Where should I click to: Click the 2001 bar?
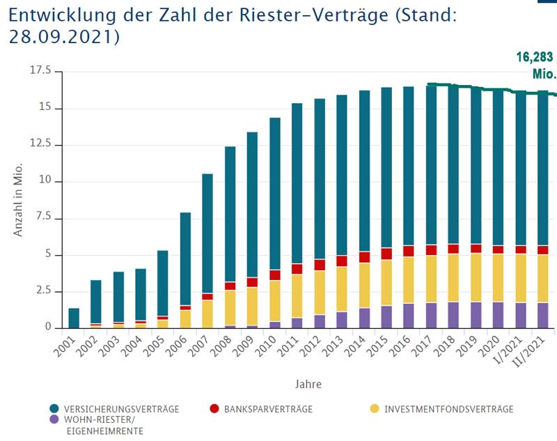(74, 318)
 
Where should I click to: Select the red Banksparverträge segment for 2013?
(342, 261)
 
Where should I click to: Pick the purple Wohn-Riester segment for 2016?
(409, 315)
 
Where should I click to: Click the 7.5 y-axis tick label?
(44, 217)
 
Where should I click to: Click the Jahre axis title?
(307, 384)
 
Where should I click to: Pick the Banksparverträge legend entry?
(267, 409)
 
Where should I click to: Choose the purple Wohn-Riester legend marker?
(54, 420)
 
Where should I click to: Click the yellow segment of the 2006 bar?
(185, 318)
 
